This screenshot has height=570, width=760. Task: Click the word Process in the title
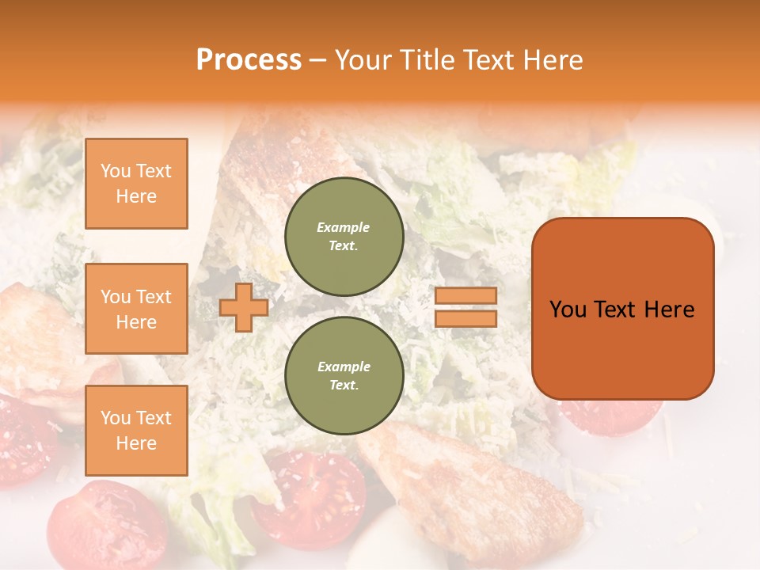249,60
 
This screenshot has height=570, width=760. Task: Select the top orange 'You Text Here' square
136,184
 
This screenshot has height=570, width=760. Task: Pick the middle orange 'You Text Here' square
136,309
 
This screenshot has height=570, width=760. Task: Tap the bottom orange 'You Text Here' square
136,430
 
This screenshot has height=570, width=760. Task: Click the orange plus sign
244,307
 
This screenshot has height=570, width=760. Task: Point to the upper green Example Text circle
344,236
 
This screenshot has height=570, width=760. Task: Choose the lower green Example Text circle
344,375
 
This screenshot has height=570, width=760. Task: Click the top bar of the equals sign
465,295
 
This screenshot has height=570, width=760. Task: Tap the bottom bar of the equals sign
465,318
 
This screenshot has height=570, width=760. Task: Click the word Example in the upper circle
344,227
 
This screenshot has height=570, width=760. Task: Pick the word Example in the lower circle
344,367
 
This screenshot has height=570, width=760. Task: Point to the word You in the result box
568,310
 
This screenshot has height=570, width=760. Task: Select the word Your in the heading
365,60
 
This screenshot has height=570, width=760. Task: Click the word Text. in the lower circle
344,386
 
